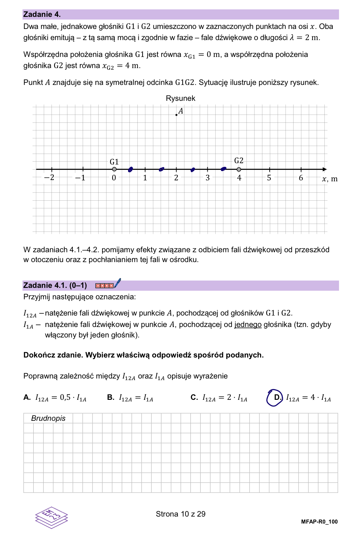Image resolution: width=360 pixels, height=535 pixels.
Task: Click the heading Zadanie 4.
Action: (42, 14)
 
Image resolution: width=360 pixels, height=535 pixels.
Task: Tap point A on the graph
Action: (177, 115)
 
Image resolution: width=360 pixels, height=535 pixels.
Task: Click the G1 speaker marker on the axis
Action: (114, 169)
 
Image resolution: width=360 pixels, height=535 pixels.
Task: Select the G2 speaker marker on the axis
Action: (239, 169)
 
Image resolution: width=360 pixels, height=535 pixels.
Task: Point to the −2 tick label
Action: (49, 177)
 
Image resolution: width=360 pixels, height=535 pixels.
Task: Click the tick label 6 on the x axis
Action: (301, 178)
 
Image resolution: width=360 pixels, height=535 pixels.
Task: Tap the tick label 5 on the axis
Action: (269, 178)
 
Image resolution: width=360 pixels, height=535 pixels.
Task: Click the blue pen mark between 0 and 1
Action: (130, 170)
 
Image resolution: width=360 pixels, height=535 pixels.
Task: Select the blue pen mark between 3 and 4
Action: (224, 169)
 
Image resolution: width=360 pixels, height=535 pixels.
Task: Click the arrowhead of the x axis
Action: (324, 169)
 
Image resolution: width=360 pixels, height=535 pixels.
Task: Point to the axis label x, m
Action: (330, 179)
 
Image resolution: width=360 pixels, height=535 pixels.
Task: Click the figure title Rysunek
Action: (180, 98)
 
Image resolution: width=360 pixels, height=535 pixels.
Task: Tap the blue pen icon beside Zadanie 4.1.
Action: (117, 283)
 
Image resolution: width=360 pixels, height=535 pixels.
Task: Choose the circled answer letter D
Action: (276, 398)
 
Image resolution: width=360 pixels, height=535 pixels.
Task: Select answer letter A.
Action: (27, 398)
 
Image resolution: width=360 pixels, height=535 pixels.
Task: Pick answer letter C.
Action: (194, 398)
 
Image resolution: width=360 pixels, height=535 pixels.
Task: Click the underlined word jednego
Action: (248, 324)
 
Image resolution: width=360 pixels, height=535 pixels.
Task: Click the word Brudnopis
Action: (48, 418)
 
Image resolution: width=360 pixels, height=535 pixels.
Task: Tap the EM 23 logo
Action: (51, 517)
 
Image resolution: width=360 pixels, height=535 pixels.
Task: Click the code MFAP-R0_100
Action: (319, 522)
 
